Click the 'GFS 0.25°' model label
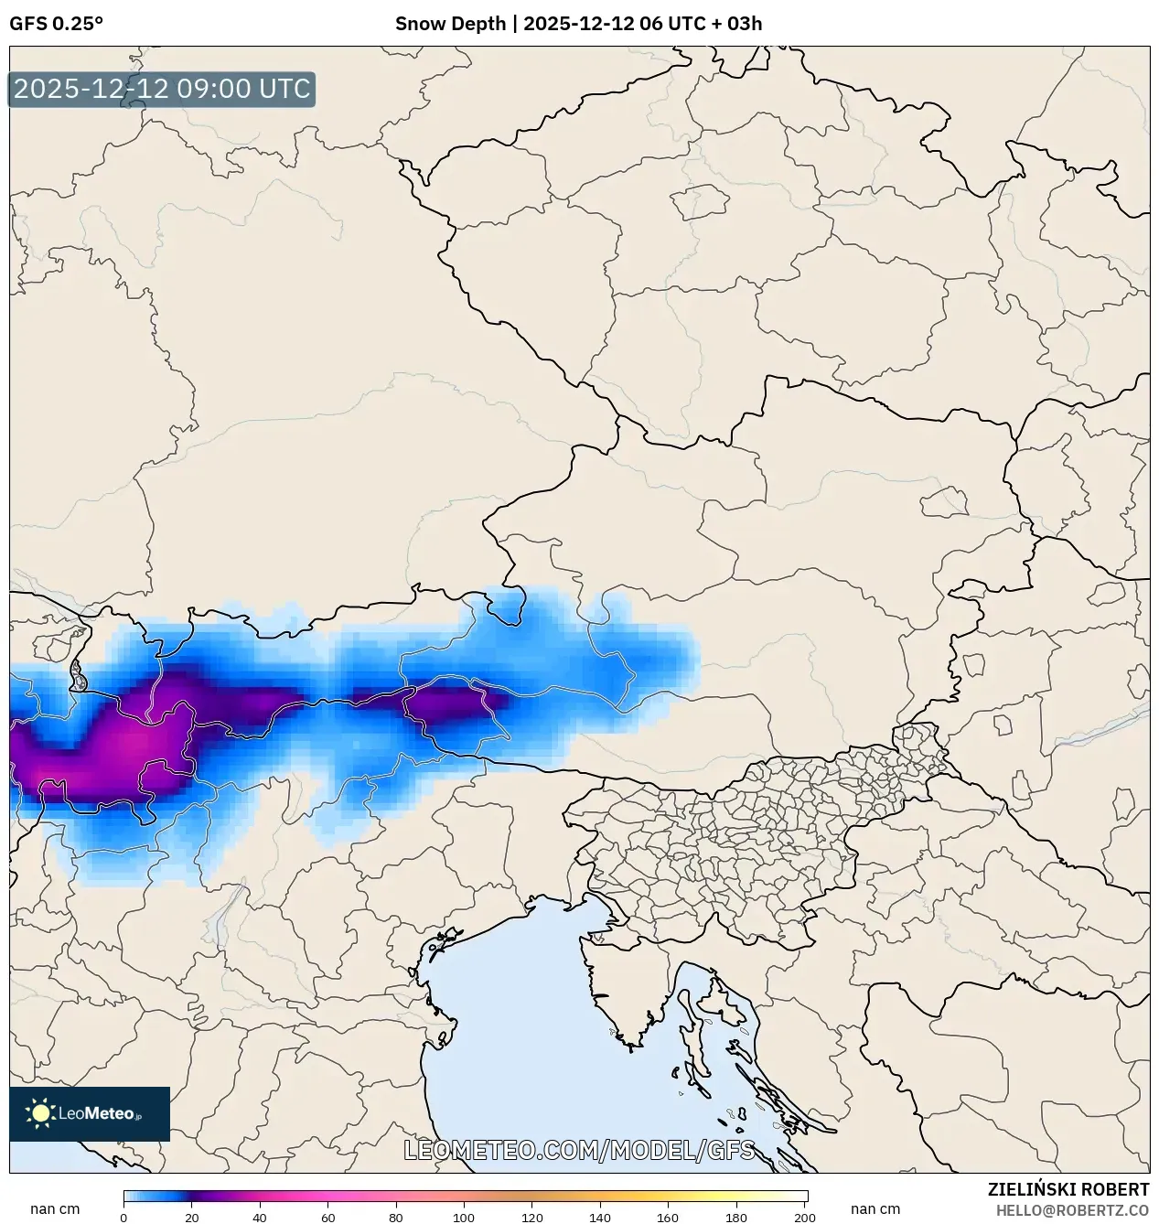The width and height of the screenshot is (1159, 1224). (56, 24)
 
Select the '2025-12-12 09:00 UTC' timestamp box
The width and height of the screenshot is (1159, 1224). (162, 90)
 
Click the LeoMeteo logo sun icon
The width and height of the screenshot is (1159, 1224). (40, 1113)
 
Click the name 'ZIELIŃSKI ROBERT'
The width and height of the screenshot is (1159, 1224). (1068, 1189)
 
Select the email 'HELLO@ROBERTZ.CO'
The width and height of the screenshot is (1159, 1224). (1072, 1210)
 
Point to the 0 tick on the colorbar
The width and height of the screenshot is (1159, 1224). (124, 1218)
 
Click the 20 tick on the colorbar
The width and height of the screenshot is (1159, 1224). (192, 1218)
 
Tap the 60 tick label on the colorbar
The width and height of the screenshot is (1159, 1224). (328, 1218)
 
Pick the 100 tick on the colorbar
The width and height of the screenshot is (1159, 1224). (465, 1218)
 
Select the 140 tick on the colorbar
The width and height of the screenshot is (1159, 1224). (601, 1218)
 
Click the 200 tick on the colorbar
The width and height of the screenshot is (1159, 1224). (805, 1218)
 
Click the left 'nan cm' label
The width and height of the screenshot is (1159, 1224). (55, 1209)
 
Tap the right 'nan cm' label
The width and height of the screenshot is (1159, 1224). (875, 1209)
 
